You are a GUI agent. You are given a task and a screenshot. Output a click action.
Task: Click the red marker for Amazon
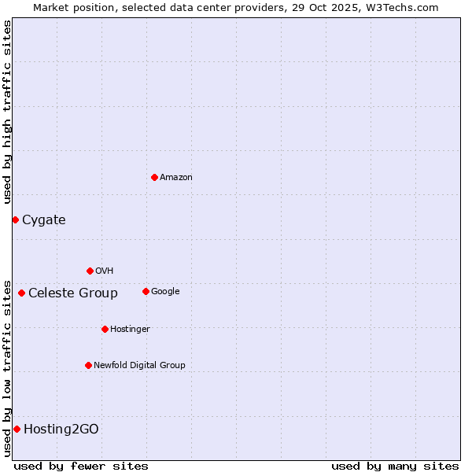pyautogui.click(x=154, y=177)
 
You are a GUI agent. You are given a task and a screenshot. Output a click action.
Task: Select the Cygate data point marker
pyautogui.click(x=15, y=219)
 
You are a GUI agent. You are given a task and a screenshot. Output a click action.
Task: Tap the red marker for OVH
pyautogui.click(x=90, y=271)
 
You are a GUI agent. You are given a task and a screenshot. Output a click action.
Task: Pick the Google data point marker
pyautogui.click(x=146, y=291)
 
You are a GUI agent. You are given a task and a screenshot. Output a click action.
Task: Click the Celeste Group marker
pyautogui.click(x=21, y=293)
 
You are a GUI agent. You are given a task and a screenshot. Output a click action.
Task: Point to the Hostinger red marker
pyautogui.click(x=105, y=329)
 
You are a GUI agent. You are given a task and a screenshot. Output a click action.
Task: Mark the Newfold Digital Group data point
pyautogui.click(x=88, y=365)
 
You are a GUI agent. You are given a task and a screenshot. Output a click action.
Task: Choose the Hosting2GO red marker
pyautogui.click(x=17, y=429)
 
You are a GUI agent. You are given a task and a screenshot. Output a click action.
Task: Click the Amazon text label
pyautogui.click(x=176, y=178)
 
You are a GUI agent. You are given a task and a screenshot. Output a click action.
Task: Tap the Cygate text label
pyautogui.click(x=44, y=220)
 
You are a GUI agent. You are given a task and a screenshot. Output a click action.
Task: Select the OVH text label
pyautogui.click(x=105, y=271)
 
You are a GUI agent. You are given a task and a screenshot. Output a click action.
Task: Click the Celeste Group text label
pyautogui.click(x=73, y=293)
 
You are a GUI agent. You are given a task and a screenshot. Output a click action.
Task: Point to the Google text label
pyautogui.click(x=165, y=292)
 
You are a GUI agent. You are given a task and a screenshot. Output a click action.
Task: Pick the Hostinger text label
pyautogui.click(x=130, y=330)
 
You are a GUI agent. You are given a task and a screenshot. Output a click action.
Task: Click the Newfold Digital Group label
pyautogui.click(x=139, y=366)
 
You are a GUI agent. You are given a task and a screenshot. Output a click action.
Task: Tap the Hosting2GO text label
pyautogui.click(x=61, y=430)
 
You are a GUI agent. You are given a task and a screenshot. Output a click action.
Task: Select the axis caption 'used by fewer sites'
pyautogui.click(x=81, y=466)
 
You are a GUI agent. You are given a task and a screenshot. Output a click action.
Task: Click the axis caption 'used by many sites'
pyautogui.click(x=395, y=466)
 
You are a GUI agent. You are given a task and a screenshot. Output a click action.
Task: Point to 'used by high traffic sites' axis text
pyautogui.click(x=7, y=112)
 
